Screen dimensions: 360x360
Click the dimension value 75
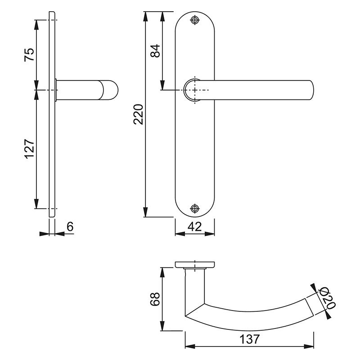[28, 55]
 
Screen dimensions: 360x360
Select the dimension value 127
[28, 149]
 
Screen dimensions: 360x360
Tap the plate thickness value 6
[70, 226]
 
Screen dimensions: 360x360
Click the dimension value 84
[154, 50]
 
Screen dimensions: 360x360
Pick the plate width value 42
[194, 226]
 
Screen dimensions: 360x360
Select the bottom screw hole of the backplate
[194, 208]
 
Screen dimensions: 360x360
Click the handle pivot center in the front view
[194, 90]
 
